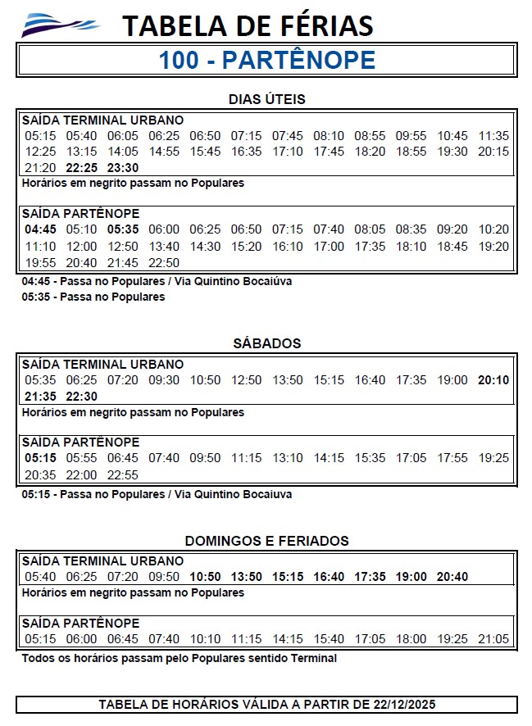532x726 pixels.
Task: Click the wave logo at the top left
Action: tap(59, 25)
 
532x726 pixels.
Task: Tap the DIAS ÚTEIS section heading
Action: tap(266, 99)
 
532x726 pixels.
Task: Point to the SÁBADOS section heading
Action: tap(266, 343)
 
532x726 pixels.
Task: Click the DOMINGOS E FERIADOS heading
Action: tap(266, 541)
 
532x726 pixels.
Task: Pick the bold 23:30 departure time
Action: tap(123, 168)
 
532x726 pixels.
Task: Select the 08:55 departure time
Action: tap(370, 135)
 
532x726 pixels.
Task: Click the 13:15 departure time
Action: tap(81, 152)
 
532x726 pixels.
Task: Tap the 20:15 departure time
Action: tap(493, 152)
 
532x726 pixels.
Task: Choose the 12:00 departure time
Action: tap(81, 246)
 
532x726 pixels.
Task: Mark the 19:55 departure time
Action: tap(40, 263)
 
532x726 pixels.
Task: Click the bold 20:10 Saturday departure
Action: tap(493, 380)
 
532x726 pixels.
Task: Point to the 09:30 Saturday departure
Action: tap(164, 380)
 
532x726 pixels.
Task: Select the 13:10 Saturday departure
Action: tap(287, 458)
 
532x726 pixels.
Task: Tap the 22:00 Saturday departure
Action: tap(81, 474)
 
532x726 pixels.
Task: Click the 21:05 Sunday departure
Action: tap(493, 639)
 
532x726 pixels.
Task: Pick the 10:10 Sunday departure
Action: tap(205, 639)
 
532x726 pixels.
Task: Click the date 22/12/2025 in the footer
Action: tap(404, 705)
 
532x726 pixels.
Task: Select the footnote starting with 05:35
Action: tap(93, 297)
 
